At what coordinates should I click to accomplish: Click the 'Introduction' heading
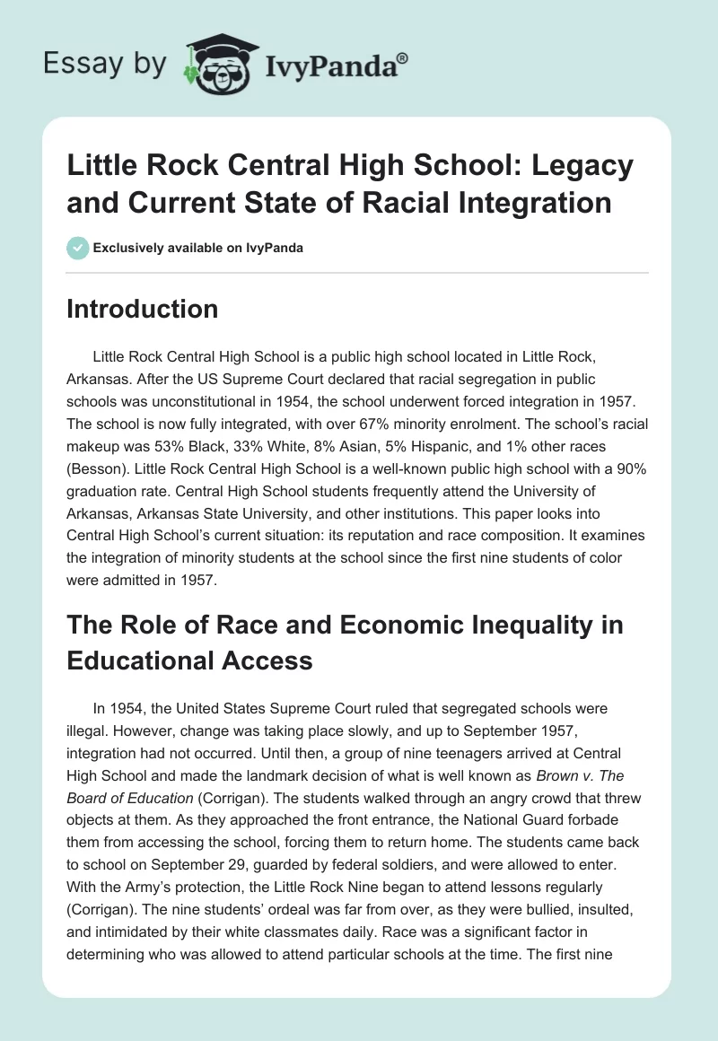click(x=143, y=310)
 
